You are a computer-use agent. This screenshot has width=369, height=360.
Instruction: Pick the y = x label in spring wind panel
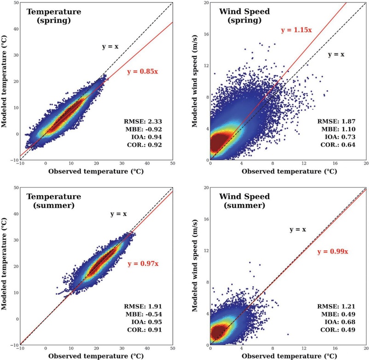[x=336, y=54]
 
